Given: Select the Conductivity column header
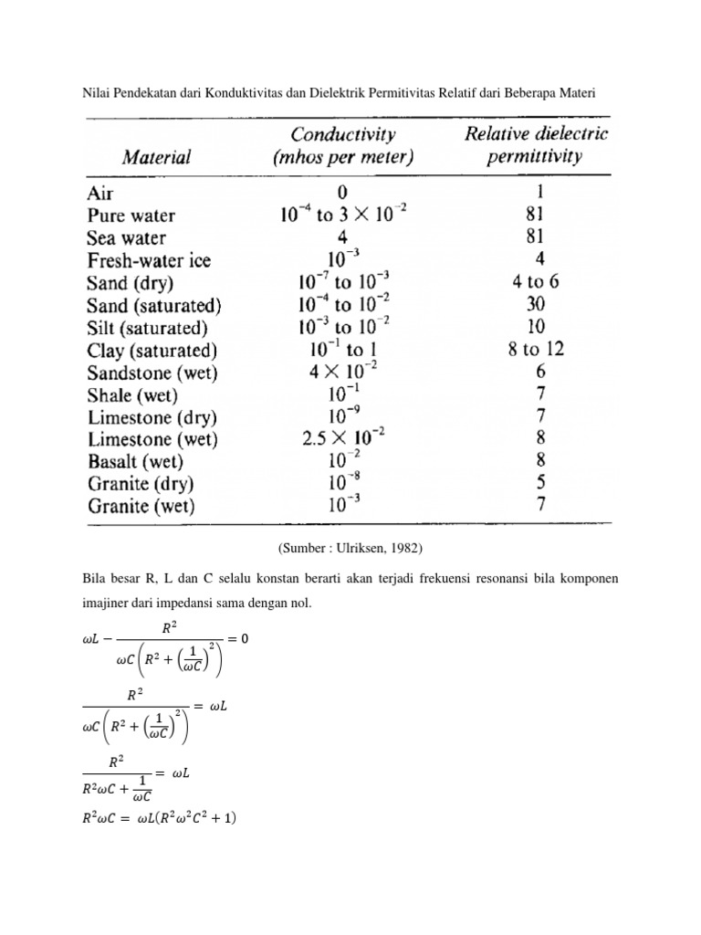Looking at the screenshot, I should [343, 145].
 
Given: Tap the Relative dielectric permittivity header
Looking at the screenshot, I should [536, 145].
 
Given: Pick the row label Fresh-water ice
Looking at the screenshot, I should [149, 260].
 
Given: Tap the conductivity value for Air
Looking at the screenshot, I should [343, 194].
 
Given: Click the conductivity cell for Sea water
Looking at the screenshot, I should [343, 237].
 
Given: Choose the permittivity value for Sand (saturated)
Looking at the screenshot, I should [536, 305].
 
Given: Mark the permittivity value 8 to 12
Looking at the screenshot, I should [536, 350].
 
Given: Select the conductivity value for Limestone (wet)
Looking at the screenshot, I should [343, 438].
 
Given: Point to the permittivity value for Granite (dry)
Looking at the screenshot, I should [541, 483].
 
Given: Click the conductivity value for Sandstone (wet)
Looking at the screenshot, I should [343, 373].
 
